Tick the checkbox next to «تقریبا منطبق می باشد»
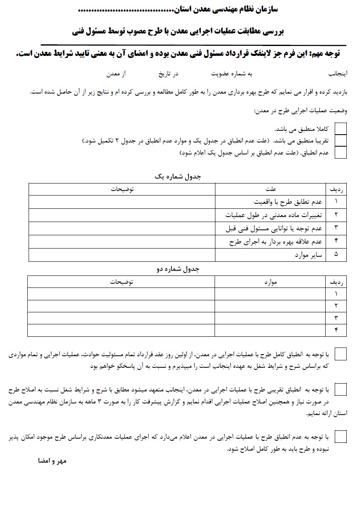point(341,141)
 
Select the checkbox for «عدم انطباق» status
point(341,153)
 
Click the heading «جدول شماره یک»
point(178,176)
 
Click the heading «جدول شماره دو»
point(178,269)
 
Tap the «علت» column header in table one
point(271,189)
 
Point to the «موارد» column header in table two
point(271,282)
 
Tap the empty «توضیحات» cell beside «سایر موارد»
point(122,255)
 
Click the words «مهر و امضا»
point(49,461)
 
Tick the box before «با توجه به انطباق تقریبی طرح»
point(341,390)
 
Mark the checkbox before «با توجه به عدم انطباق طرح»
point(341,437)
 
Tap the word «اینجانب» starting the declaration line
point(338,74)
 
